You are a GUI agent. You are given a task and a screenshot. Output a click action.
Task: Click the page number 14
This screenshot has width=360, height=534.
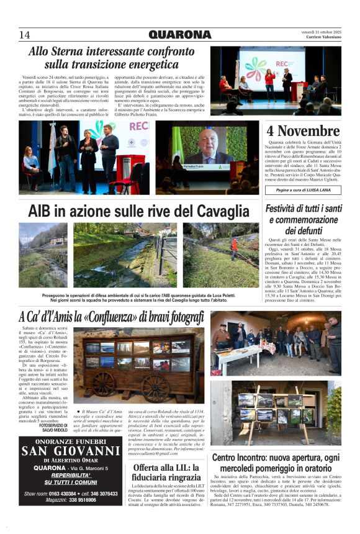[25, 35]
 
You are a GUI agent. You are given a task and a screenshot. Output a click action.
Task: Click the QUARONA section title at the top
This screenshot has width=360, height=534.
[179, 35]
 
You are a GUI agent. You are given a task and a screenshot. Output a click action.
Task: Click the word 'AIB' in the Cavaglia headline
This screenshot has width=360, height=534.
[43, 209]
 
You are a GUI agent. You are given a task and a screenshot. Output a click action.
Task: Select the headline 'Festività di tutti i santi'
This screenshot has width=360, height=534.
[304, 209]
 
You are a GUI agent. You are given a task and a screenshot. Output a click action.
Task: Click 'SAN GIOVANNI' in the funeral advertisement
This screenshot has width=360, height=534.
[71, 451]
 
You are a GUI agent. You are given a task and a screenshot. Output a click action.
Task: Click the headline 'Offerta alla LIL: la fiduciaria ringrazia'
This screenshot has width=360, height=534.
[167, 472]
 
